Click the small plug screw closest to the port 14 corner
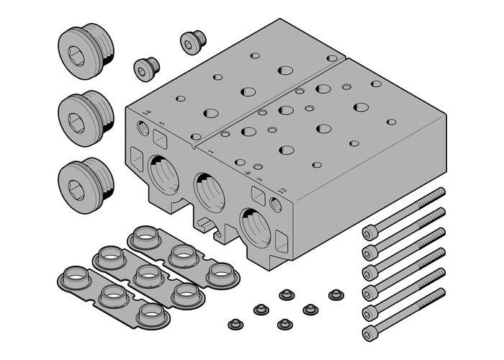(146, 68)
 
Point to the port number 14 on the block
(147, 113)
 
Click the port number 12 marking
(283, 190)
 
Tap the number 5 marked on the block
(162, 124)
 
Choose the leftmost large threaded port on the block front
(166, 174)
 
